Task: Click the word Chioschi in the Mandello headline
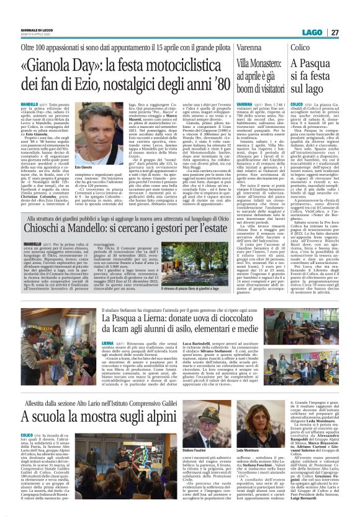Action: click(x=50, y=232)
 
